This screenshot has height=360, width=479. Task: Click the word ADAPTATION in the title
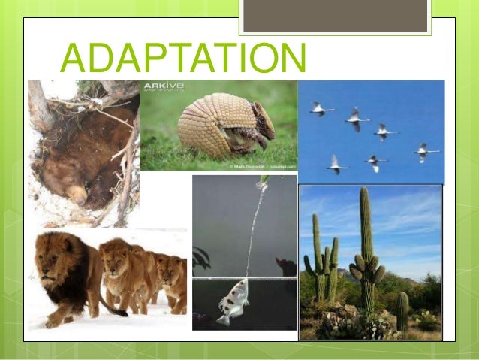[183, 58]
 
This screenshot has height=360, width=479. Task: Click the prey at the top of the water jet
[264, 180]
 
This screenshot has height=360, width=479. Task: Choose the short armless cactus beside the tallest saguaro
[402, 313]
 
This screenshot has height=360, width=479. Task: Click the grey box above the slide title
[335, 16]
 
